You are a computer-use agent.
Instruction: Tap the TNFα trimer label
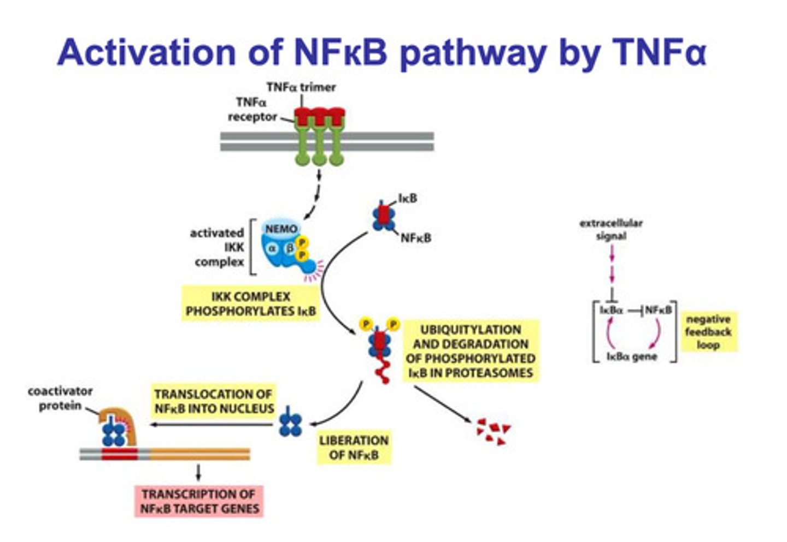coord(301,87)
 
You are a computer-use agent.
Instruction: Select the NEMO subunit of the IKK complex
coord(281,229)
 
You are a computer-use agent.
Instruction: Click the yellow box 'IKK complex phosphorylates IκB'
coord(250,304)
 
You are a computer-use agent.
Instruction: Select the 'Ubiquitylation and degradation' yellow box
coord(471,351)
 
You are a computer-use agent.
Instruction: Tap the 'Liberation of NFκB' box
coord(354,448)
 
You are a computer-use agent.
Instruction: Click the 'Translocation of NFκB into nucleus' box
coord(214,401)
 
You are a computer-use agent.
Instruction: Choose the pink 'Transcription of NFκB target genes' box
coord(199,502)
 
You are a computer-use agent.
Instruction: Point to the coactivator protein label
coord(60,398)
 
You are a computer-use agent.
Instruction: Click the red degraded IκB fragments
coord(493,431)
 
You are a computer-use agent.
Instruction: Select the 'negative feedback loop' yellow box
coord(708,332)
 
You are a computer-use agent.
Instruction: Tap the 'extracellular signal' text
coord(611,229)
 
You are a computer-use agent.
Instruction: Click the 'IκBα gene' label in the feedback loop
coord(632,357)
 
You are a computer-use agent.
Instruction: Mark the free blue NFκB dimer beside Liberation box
coord(290,424)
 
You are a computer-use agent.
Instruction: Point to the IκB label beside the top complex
coord(408,198)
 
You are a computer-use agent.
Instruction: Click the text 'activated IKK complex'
coord(218,247)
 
